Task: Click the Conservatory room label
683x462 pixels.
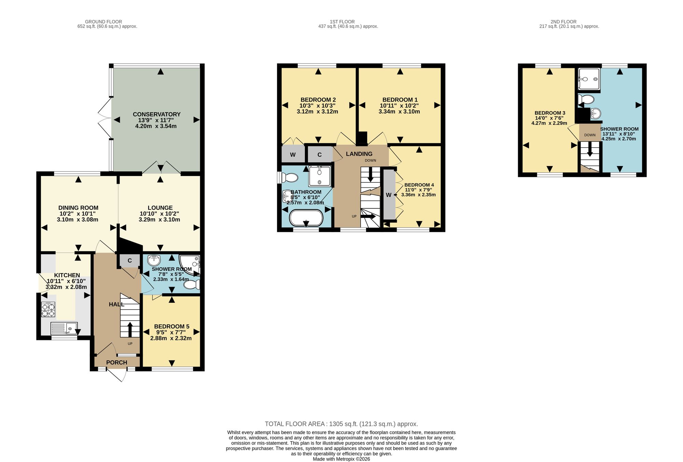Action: tap(156, 114)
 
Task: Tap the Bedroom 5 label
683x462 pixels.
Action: tap(171, 326)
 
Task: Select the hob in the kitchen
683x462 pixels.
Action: tap(48, 309)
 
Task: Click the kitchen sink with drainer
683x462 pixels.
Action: tap(64, 328)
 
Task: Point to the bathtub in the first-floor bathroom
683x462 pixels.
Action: tap(306, 218)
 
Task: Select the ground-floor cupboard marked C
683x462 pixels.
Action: tap(130, 261)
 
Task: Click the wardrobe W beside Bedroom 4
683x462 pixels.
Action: tap(389, 195)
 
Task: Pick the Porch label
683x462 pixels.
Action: tap(116, 362)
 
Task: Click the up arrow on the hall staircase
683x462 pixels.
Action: tap(130, 329)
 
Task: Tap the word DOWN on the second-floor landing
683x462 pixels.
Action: tap(590, 135)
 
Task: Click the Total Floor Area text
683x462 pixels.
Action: tap(341, 424)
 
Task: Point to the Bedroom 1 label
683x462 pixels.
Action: tap(400, 100)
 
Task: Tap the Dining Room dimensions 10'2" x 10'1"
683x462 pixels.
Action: tap(78, 214)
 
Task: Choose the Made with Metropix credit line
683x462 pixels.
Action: tap(341, 459)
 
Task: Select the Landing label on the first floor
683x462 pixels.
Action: tap(359, 154)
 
